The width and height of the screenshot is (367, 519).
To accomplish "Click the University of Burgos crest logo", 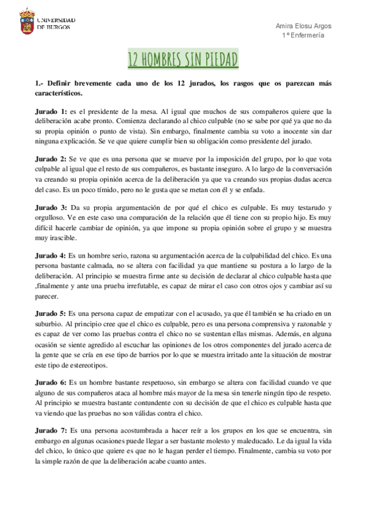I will [x=28, y=21].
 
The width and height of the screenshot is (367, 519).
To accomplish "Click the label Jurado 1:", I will [x=51, y=111].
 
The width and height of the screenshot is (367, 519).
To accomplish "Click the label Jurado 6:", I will [x=51, y=381].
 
